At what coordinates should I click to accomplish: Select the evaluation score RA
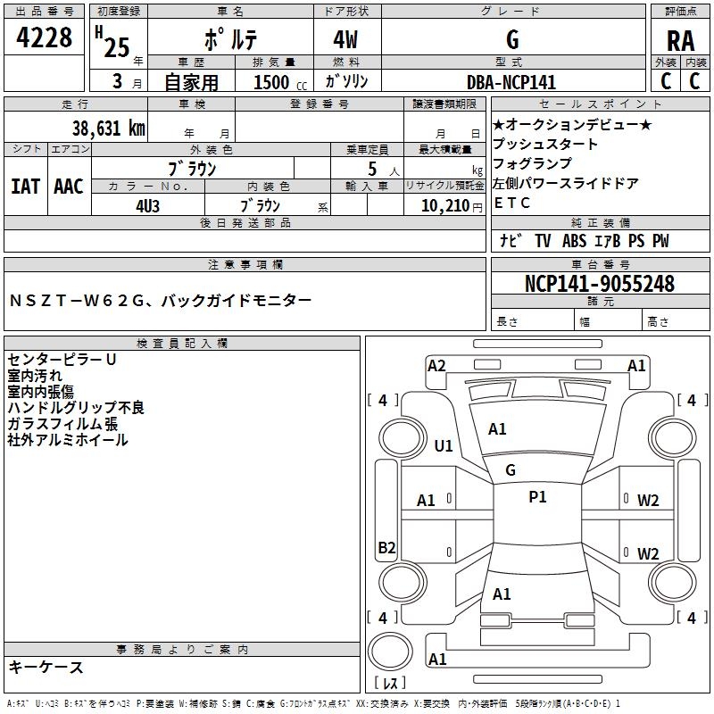(680, 41)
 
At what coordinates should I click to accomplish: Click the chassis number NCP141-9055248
(599, 284)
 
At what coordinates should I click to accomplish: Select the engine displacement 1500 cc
(272, 82)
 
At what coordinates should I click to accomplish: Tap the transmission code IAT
(25, 186)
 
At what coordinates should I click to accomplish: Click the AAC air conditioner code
(69, 186)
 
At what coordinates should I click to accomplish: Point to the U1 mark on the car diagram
(444, 445)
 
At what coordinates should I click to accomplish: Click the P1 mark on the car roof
(537, 497)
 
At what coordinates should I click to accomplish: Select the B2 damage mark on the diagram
(386, 547)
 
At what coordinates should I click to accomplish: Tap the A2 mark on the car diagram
(436, 365)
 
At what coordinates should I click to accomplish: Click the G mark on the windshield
(511, 469)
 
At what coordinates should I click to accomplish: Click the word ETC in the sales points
(512, 203)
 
